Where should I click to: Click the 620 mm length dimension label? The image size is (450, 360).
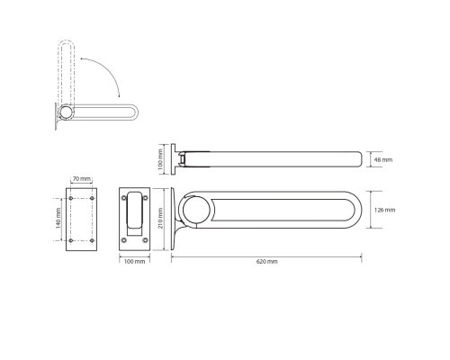pos(266,262)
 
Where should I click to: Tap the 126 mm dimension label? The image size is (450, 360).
pos(384,210)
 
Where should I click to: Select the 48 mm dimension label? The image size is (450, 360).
pos(383,160)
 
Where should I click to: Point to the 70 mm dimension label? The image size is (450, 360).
pos(82,179)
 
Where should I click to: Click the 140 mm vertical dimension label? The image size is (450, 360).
pos(58,218)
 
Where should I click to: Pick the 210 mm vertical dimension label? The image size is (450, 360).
pos(160,218)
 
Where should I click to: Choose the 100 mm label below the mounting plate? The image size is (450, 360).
pos(134,262)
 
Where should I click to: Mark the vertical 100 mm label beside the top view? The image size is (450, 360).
pos(160,159)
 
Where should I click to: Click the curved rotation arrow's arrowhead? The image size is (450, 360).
pos(119,95)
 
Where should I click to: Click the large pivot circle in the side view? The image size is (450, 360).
pos(196,210)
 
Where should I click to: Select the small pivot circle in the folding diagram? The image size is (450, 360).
pos(66,112)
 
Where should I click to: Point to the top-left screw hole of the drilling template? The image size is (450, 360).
pos(71,198)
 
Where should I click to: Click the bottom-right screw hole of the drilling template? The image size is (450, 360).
pos(92,240)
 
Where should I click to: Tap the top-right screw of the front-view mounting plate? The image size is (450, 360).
pos(146,198)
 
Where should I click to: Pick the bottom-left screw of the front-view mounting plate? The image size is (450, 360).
pos(124,240)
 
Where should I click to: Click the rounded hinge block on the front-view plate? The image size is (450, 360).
pos(135,210)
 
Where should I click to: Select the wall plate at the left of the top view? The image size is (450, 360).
pos(174,159)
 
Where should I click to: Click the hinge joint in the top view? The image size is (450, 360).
pos(182,159)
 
